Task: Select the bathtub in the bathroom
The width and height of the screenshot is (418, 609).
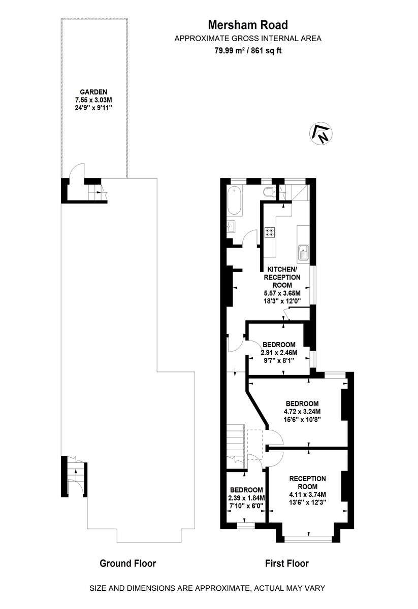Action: (235, 201)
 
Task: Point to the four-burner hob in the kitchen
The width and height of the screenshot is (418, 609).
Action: (270, 232)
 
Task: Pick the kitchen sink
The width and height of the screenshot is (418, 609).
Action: (303, 251)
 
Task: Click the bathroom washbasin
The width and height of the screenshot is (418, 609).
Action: (232, 226)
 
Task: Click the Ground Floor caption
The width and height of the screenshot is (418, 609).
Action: (127, 563)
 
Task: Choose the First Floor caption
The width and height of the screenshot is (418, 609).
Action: (287, 563)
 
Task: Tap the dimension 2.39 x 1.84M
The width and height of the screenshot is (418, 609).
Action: (246, 498)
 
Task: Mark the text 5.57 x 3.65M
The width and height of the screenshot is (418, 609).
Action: (282, 293)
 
